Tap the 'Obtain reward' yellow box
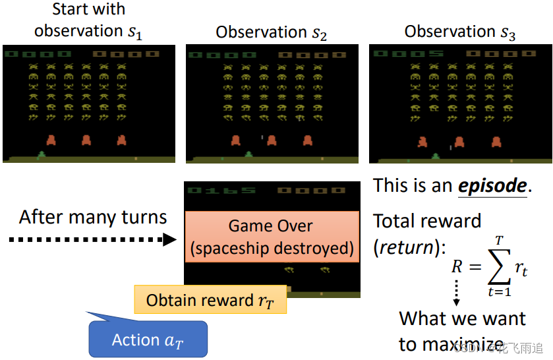210,300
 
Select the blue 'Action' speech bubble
147,340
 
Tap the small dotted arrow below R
455,292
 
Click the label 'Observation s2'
271,32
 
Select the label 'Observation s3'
460,32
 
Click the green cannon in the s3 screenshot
436,156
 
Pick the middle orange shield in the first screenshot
86,140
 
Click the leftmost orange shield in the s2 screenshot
235,140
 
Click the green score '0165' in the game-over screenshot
221,191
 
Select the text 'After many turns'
93,217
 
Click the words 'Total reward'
427,221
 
